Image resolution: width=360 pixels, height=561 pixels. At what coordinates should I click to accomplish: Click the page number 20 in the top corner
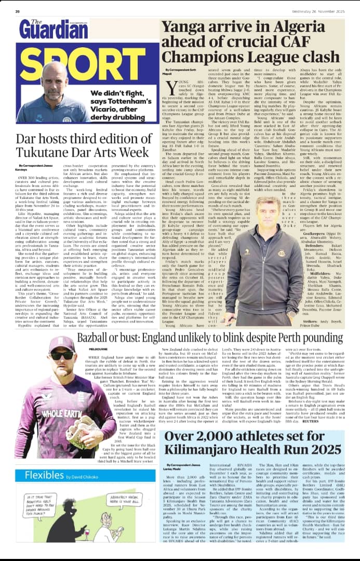[x=17, y=11]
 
